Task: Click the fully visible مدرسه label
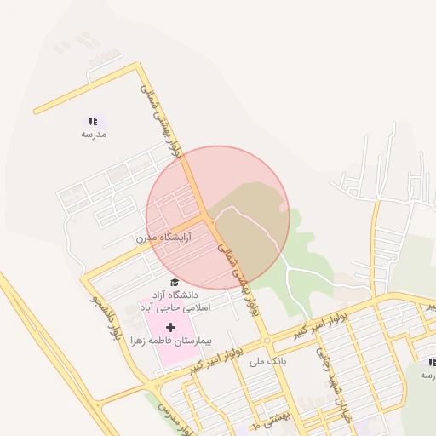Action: click(93, 135)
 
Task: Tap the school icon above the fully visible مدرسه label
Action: click(93, 122)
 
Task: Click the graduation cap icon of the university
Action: click(175, 282)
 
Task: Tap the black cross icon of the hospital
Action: click(170, 327)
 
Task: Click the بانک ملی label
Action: click(264, 361)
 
